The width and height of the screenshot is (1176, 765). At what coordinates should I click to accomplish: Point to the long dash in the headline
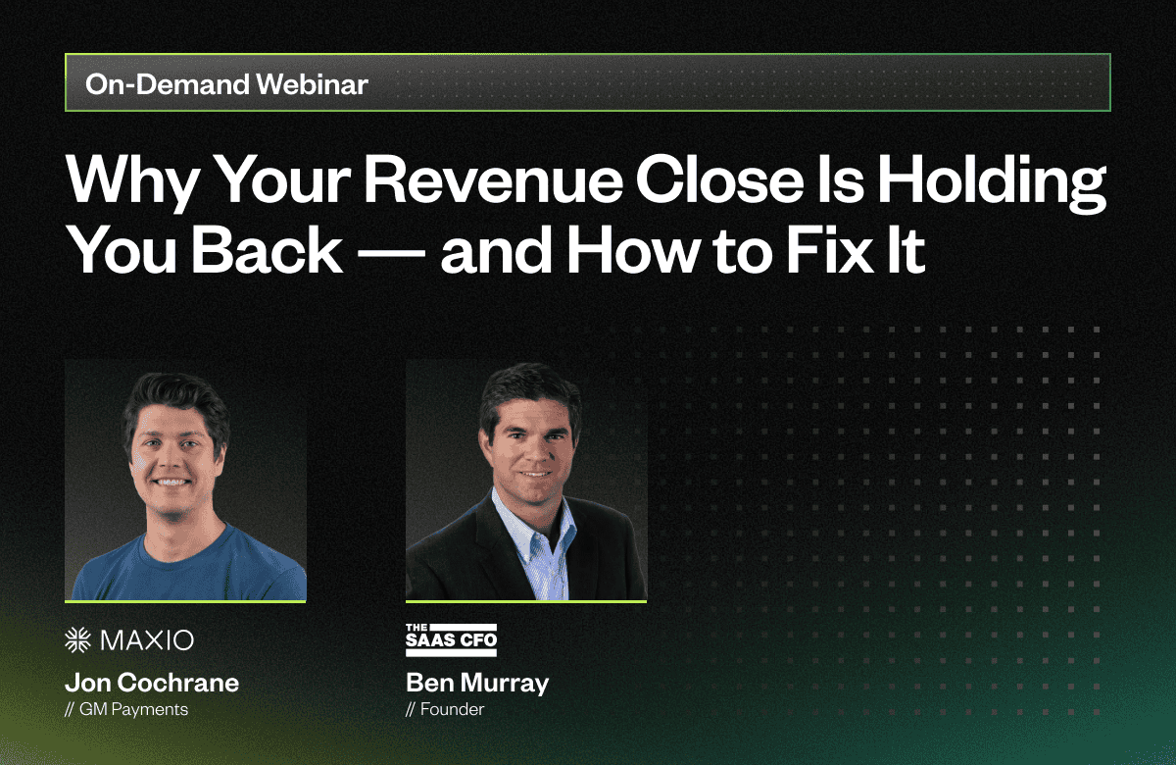(x=391, y=253)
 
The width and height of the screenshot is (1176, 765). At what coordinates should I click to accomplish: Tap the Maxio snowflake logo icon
(x=77, y=639)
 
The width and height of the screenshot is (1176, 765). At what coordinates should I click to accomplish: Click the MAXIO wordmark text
(x=147, y=640)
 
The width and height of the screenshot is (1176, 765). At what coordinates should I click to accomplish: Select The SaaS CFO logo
(x=451, y=639)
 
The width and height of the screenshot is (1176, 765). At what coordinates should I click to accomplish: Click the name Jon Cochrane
(x=152, y=683)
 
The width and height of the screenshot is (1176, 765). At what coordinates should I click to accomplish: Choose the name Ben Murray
(x=477, y=684)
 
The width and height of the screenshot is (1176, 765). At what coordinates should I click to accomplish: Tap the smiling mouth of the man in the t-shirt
(x=171, y=482)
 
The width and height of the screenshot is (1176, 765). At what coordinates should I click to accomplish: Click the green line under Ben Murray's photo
(x=526, y=601)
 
